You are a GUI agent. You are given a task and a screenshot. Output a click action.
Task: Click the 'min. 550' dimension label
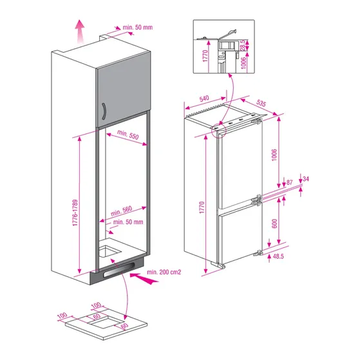point(125,137)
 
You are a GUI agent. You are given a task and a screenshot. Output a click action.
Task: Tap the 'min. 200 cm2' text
point(164,272)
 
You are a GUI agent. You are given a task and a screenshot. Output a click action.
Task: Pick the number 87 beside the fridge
point(289,183)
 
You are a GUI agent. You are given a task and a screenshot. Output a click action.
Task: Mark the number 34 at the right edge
point(305,178)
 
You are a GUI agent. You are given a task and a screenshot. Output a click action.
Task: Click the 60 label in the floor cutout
point(124,327)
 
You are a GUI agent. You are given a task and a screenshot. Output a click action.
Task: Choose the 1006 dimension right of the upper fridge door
point(274,157)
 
